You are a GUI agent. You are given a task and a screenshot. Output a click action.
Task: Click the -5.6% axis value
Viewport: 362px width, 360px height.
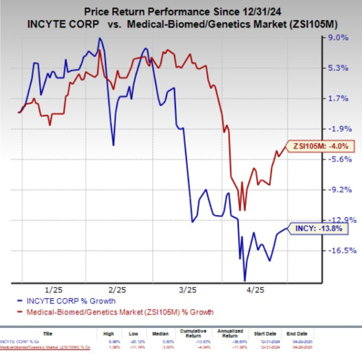pos(339,159)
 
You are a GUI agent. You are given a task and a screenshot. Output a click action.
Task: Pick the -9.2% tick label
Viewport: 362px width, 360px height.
pos(339,189)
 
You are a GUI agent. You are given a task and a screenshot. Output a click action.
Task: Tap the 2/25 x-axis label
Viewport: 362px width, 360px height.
pos(117,289)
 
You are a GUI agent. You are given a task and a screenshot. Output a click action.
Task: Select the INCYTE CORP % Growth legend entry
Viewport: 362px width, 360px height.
pos(73,301)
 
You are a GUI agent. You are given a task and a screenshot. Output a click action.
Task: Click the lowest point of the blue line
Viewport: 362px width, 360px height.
pos(245,281)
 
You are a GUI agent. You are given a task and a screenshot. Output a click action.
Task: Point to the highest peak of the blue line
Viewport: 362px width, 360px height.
pos(100,39)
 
